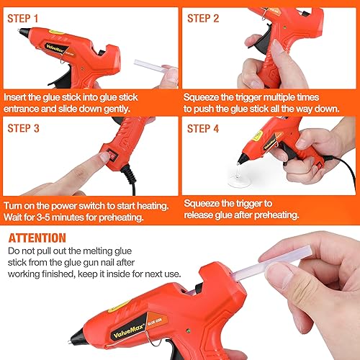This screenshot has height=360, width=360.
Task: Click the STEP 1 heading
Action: (x=23, y=19)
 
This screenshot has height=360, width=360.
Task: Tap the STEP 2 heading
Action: (x=203, y=19)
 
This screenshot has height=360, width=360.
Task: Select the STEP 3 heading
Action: (x=23, y=128)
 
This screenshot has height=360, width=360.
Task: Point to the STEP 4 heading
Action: (x=203, y=128)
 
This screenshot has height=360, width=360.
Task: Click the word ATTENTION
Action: (x=37, y=238)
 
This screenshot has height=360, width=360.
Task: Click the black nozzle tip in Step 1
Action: (x=24, y=32)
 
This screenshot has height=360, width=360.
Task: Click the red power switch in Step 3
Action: (x=112, y=156)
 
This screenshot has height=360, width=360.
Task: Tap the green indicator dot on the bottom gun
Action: (x=188, y=331)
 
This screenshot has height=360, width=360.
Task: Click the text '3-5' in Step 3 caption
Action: (x=43, y=217)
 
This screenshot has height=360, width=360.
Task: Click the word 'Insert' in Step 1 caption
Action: (x=15, y=97)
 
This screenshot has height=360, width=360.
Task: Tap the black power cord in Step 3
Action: (x=130, y=178)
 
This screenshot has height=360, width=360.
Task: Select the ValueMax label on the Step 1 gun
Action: (x=55, y=49)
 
